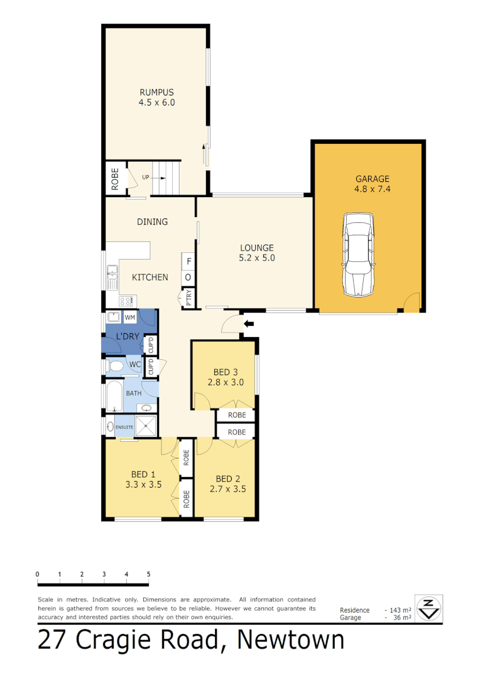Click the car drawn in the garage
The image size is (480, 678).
pyautogui.click(x=358, y=254)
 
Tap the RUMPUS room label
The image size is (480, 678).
pyautogui.click(x=156, y=91)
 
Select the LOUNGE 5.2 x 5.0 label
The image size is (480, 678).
pyautogui.click(x=256, y=252)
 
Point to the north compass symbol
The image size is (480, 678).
pyautogui.click(x=428, y=608)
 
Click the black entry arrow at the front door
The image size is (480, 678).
pyautogui.click(x=249, y=324)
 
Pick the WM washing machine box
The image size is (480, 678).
pyautogui.click(x=130, y=317)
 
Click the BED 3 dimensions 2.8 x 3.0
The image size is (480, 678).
pyautogui.click(x=226, y=382)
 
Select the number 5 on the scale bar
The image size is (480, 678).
pyautogui.click(x=148, y=574)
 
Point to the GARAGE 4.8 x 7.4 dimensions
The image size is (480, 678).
pyautogui.click(x=372, y=188)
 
